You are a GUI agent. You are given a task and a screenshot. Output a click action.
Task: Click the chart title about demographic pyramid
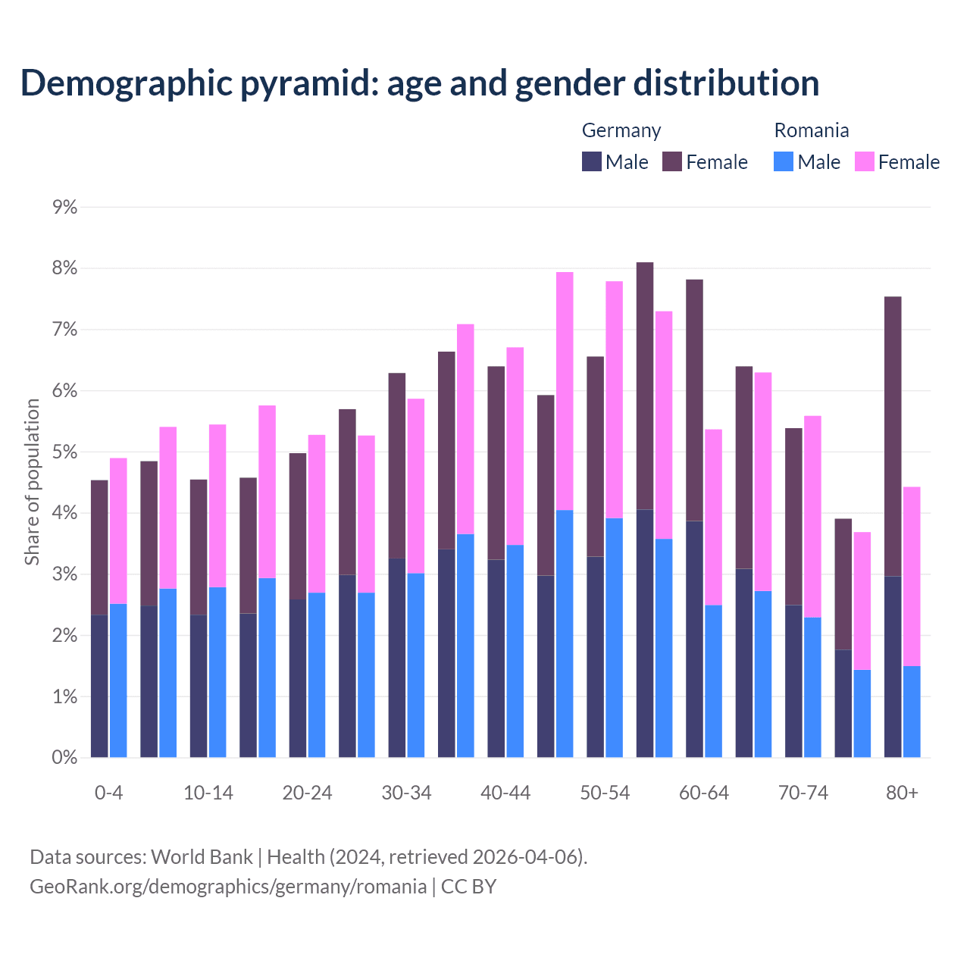click(420, 83)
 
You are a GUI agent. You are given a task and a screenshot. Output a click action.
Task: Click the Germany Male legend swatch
click(592, 161)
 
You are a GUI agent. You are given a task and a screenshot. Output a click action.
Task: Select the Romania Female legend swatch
click(864, 161)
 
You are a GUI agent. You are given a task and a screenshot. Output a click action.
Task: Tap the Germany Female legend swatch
click(672, 161)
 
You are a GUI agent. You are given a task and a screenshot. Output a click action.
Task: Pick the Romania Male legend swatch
click(784, 161)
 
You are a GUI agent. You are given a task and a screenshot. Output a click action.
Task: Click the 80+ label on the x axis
click(902, 793)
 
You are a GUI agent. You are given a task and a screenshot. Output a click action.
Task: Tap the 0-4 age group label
click(108, 793)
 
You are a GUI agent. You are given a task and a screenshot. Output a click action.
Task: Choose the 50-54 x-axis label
click(605, 793)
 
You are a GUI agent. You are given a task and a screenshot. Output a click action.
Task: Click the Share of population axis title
click(32, 482)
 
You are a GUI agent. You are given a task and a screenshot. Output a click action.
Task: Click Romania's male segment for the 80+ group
click(912, 712)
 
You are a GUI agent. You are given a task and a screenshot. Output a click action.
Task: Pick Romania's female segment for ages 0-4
click(118, 530)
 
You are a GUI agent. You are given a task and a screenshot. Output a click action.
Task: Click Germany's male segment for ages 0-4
click(99, 686)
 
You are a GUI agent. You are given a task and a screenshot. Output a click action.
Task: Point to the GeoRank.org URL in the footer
click(227, 886)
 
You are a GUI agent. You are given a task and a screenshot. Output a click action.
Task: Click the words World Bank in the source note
click(202, 857)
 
